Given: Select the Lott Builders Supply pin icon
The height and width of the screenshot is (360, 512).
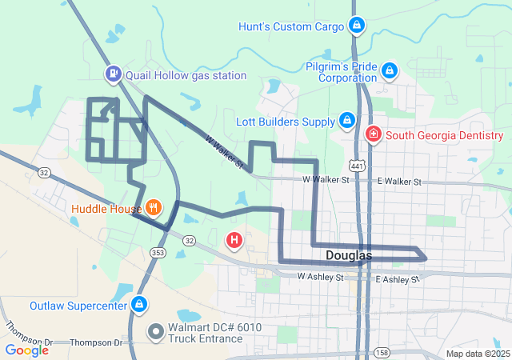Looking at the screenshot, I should click(347, 122).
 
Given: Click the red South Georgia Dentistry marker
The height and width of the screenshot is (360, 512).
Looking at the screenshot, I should click(373, 135).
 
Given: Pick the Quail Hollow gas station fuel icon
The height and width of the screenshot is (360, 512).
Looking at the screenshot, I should click(114, 75).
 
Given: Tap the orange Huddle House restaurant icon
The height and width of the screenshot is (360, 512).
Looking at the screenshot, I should click(153, 210).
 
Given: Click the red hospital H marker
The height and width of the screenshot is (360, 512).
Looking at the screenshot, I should click(234, 239).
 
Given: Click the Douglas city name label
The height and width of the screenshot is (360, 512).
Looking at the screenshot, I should click(349, 255).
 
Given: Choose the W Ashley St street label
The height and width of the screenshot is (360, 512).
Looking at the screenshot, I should click(320, 277).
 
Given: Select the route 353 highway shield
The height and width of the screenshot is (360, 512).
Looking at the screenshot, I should click(155, 252).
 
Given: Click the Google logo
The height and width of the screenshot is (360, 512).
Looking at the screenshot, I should click(26, 350).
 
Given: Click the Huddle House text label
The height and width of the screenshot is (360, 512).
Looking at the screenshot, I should click(106, 210).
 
